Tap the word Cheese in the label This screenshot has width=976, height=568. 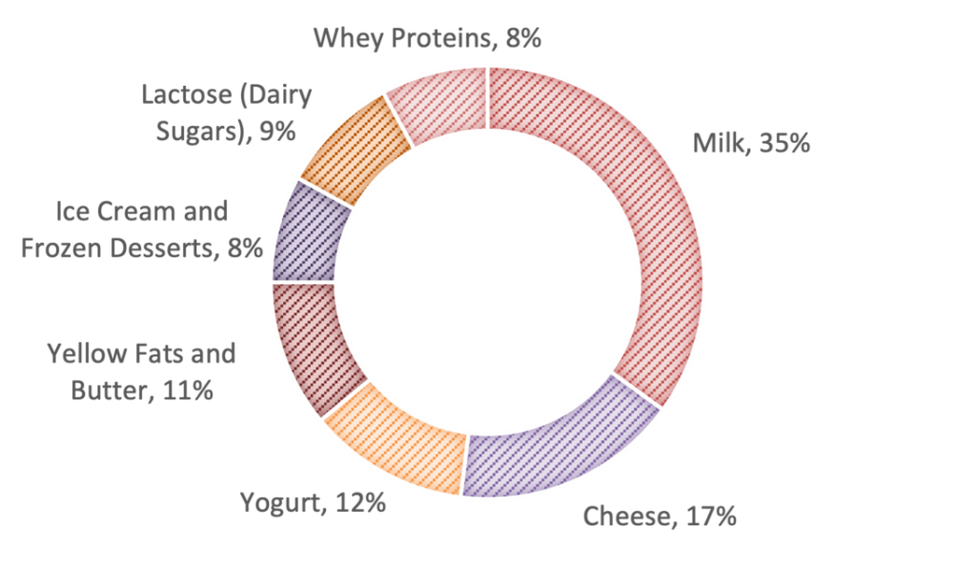click(x=626, y=517)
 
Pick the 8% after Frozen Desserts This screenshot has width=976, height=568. click(x=244, y=248)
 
